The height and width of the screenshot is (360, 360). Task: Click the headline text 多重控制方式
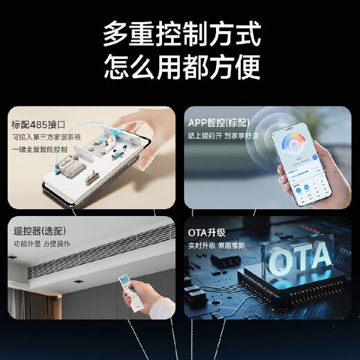(x=181, y=33)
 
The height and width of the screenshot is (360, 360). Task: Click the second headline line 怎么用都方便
(x=181, y=68)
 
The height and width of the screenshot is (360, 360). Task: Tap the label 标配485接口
(x=38, y=125)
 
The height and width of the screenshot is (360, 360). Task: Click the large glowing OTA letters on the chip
(x=300, y=259)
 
